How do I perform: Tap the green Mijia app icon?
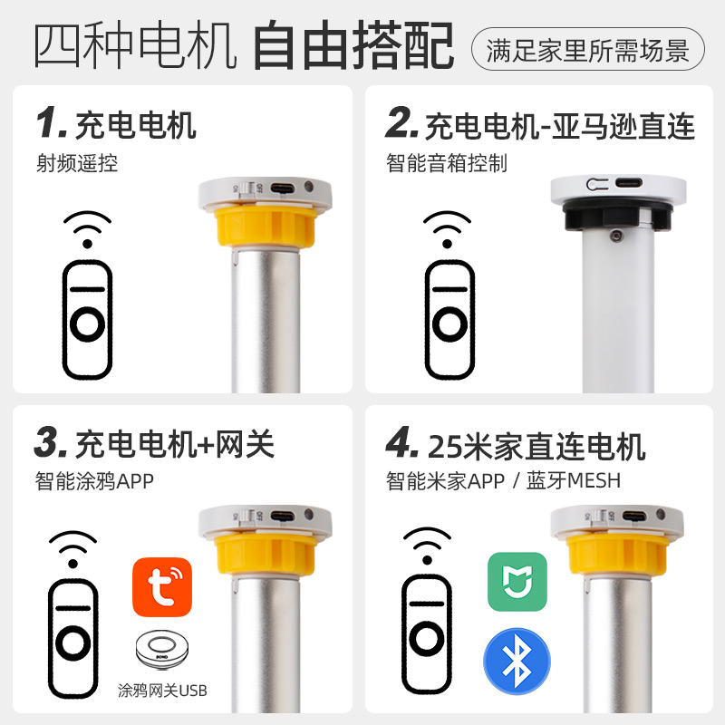[x=517, y=582]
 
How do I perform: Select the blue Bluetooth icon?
[x=517, y=662]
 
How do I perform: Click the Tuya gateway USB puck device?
[x=162, y=651]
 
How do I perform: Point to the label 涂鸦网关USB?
[x=162, y=691]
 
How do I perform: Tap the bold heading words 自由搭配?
[x=353, y=47]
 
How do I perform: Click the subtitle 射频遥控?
[x=77, y=164]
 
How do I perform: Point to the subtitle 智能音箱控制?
[x=446, y=164]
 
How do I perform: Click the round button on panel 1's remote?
[x=87, y=323]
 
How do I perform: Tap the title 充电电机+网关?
[x=175, y=445]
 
